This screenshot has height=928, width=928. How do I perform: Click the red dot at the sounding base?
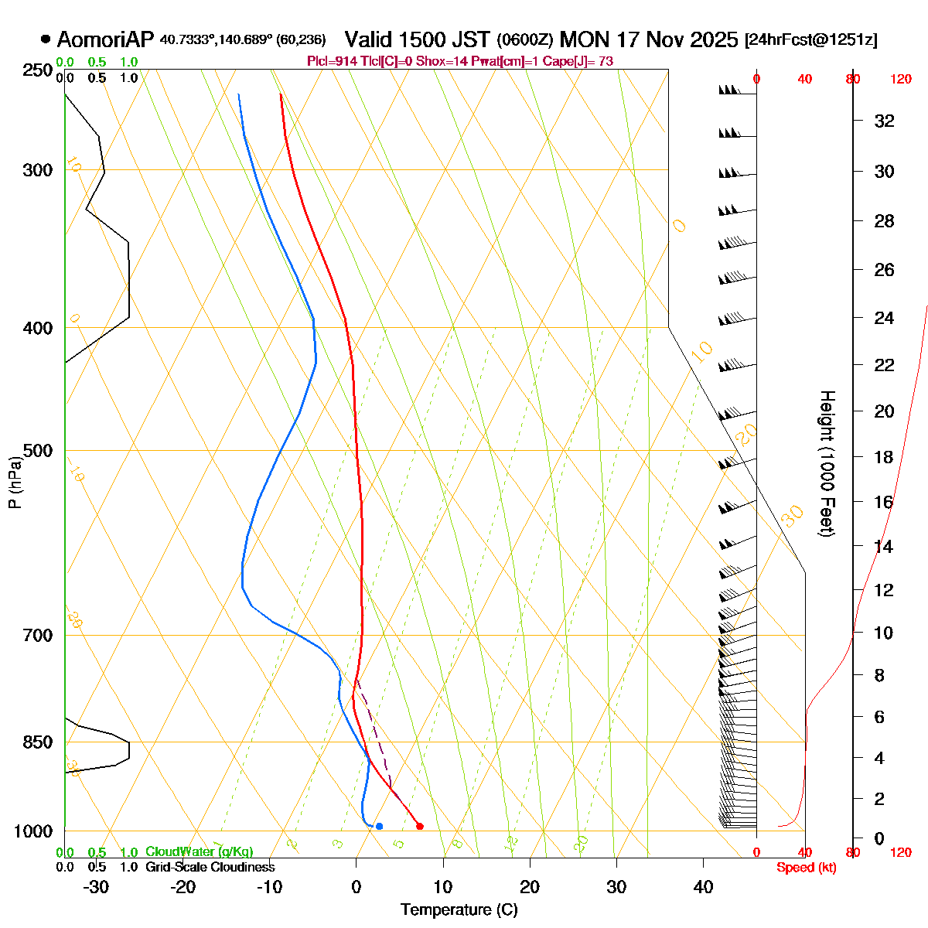pos(420,826)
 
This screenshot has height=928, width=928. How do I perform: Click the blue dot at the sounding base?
pos(379,826)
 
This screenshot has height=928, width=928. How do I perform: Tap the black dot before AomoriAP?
pos(46,39)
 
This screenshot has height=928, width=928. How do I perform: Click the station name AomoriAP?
pos(106,39)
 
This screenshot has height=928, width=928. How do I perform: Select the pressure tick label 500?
pos(39,451)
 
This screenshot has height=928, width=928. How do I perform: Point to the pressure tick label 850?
pos(39,742)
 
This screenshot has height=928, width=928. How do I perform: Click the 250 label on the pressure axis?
pos(39,70)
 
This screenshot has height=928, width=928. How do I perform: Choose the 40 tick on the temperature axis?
pos(703,887)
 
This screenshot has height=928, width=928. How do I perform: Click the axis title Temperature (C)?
pos(459,910)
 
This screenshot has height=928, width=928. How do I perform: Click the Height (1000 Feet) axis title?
pos(827,464)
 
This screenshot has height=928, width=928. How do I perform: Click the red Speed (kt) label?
pos(807,868)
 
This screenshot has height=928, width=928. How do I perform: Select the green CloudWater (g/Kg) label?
pos(199,851)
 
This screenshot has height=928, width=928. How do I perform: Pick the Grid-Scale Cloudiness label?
pos(210,867)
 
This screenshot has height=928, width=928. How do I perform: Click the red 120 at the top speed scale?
pos(901,79)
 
